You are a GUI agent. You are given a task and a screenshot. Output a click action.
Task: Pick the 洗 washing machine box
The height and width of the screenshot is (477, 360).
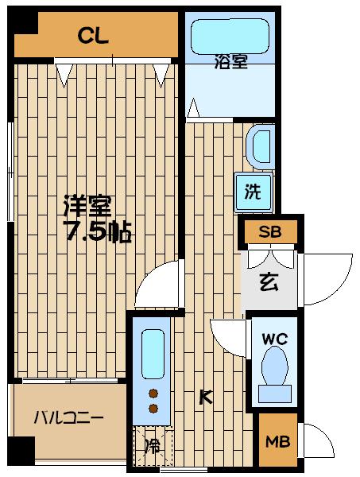(254, 191)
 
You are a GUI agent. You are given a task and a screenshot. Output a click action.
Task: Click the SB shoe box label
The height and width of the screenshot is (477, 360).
(260, 232)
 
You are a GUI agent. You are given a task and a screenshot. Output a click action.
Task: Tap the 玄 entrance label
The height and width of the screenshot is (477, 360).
(268, 281)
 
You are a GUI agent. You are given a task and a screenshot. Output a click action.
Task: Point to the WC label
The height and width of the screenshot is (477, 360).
(275, 337)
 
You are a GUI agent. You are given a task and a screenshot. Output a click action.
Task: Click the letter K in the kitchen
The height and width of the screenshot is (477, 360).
(205, 397)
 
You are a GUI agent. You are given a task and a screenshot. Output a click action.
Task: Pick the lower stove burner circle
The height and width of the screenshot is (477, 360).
(153, 409)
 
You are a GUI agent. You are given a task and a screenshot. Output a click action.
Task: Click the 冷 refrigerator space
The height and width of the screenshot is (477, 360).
(152, 446)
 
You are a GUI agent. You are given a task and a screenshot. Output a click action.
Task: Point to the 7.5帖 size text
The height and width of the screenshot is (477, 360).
(97, 232)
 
